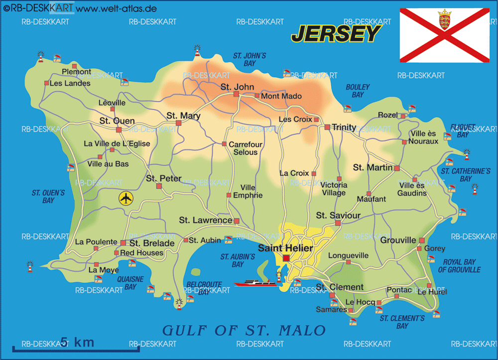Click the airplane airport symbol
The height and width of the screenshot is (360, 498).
coord(126,198)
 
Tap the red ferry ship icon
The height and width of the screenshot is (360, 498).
coord(254,283)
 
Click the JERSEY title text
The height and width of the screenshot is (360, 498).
coord(336,34)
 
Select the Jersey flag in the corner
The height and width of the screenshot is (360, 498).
coord(444,35)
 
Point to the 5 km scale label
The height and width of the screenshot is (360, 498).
coord(77,342)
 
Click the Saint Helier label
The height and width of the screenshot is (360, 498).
coord(285,248)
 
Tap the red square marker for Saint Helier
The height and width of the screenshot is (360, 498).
coord(286,258)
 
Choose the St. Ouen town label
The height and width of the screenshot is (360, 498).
coord(117,120)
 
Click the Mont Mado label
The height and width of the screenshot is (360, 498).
coord(281,96)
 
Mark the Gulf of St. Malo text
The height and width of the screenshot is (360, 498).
coord(244,330)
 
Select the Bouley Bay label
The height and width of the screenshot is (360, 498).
coord(358,91)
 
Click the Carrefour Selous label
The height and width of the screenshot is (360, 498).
coord(245,148)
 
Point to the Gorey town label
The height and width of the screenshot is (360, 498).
coord(434,248)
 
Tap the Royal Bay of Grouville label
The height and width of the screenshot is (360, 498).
coord(459,266)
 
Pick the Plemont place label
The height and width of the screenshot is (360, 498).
coord(76,72)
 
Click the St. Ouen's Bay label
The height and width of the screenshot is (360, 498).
coord(48,196)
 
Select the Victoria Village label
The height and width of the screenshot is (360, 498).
coord(334,189)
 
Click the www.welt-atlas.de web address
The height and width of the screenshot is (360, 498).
coord(117,8)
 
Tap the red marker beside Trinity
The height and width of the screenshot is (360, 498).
coord(327,127)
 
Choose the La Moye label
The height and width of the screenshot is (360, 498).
coord(104,270)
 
